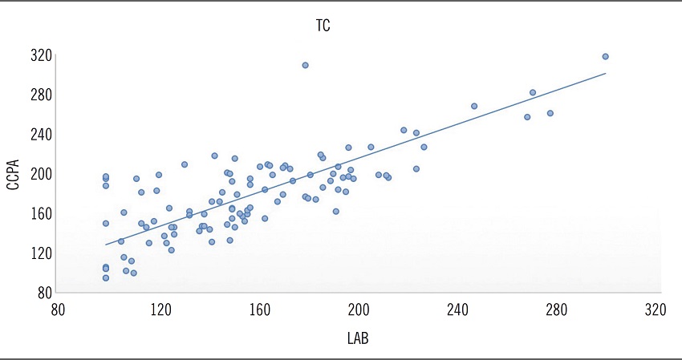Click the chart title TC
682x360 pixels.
(x=323, y=26)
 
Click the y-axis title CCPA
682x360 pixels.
(x=13, y=173)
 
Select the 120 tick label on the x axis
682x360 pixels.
(x=161, y=310)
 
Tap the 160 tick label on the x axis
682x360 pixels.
(x=260, y=310)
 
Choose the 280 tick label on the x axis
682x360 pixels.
(x=556, y=310)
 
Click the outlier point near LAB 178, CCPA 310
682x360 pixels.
(x=305, y=65)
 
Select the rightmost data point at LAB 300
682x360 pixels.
(x=605, y=56)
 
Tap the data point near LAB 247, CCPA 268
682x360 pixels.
(x=474, y=106)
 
